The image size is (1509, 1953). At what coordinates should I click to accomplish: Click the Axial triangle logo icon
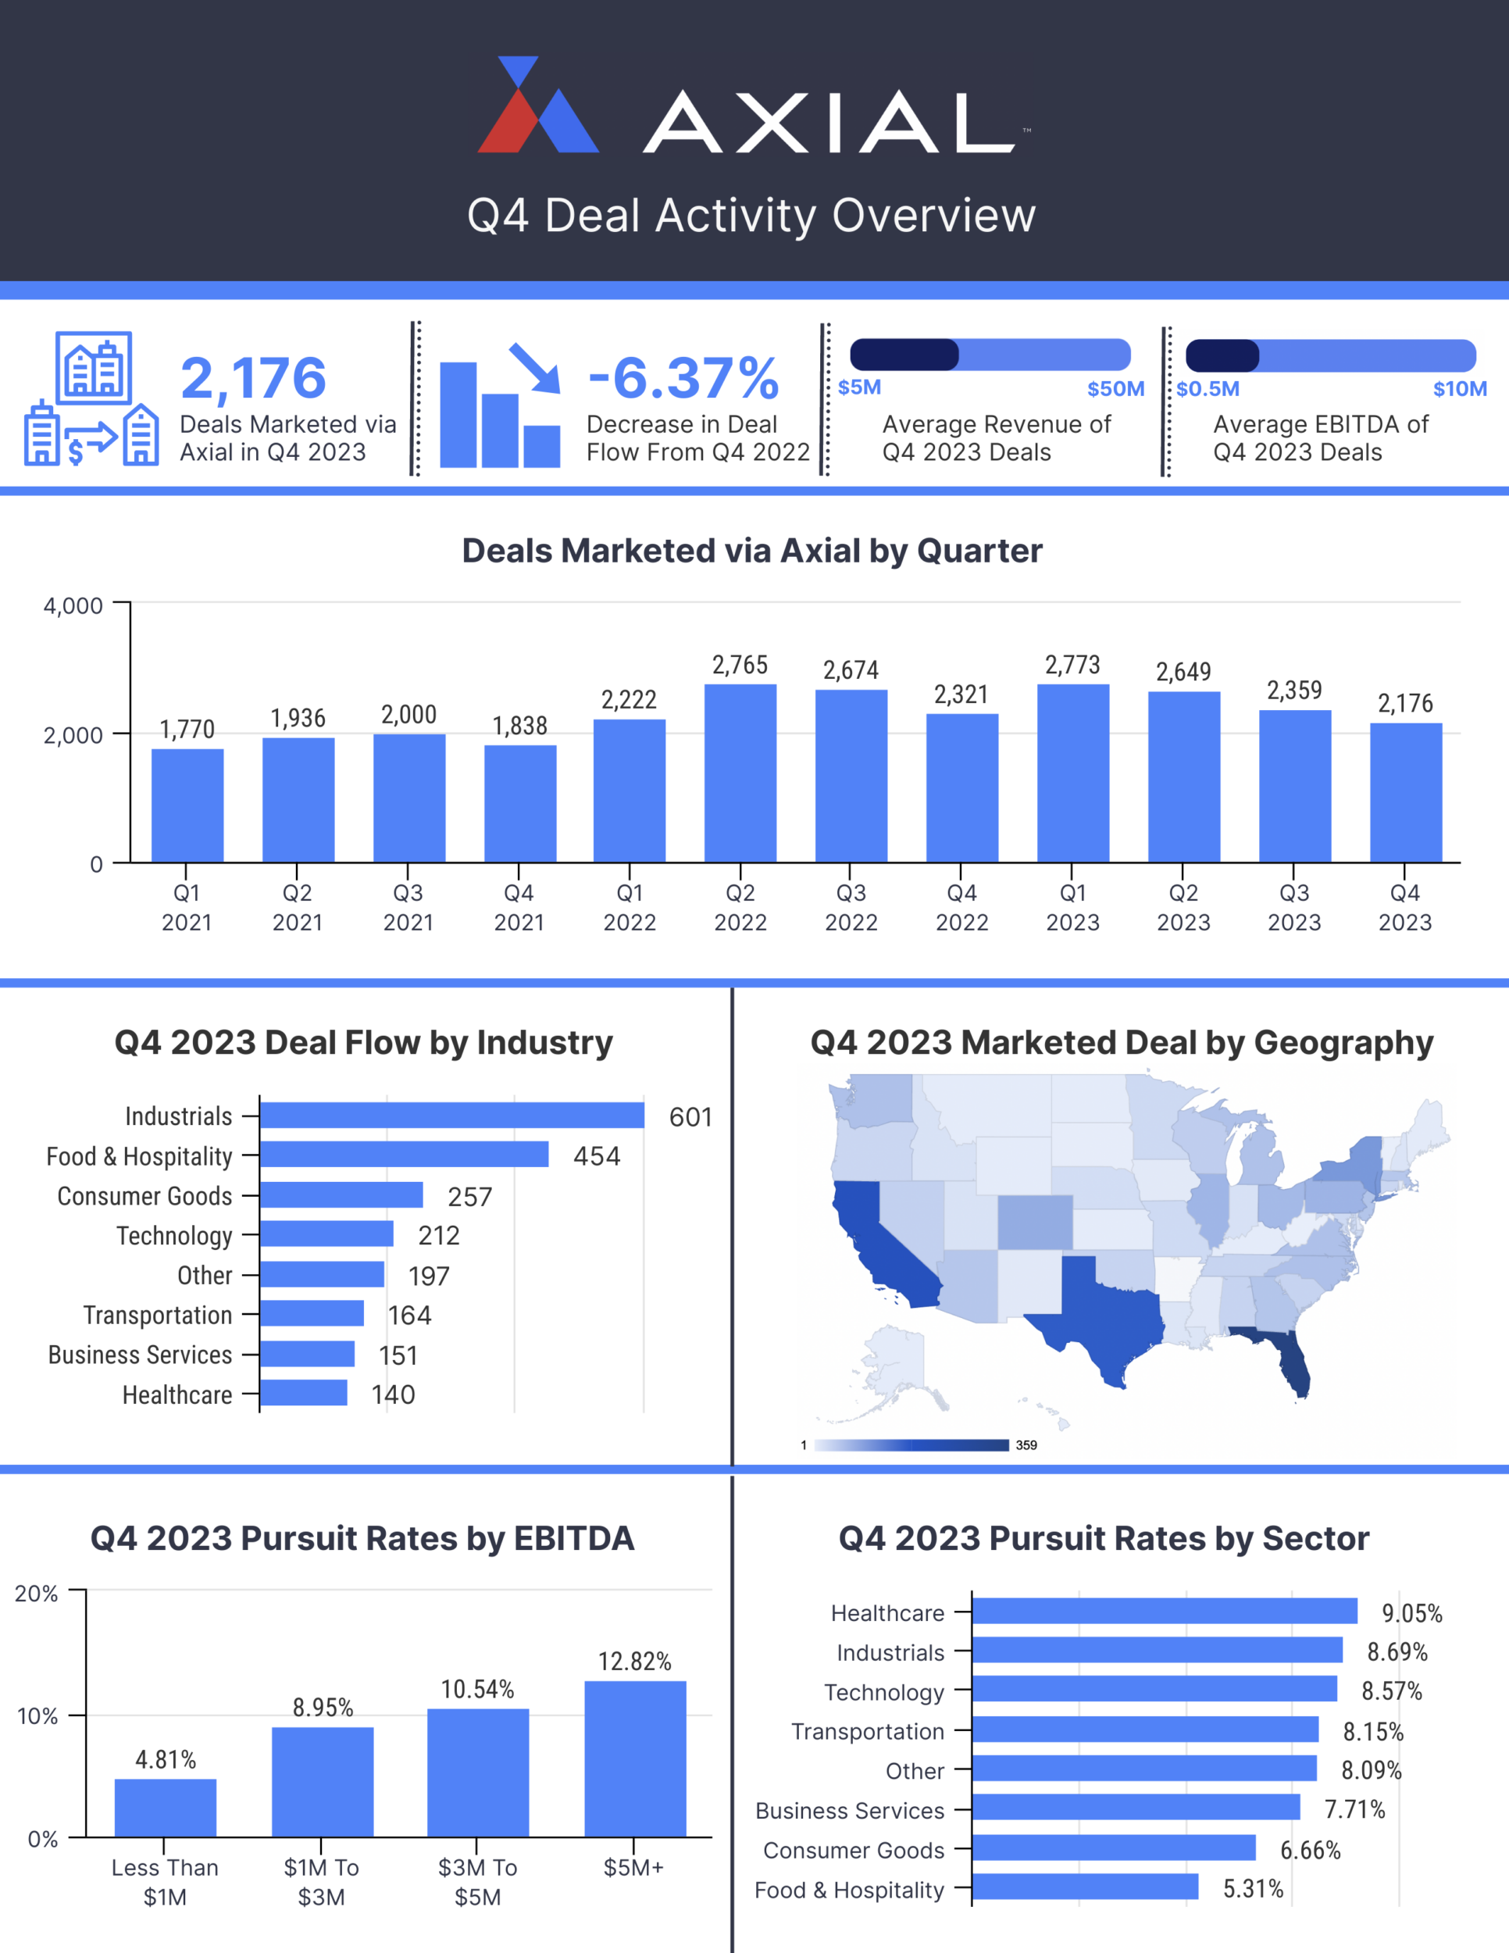click(x=537, y=107)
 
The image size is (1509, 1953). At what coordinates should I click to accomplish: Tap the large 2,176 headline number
click(x=253, y=378)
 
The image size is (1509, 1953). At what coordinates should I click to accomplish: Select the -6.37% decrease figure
click(x=684, y=378)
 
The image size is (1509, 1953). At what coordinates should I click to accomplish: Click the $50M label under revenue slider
click(x=1115, y=389)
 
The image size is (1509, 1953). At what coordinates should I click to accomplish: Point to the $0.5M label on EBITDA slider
click(x=1208, y=389)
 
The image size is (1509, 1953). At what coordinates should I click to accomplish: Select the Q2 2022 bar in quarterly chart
click(x=740, y=773)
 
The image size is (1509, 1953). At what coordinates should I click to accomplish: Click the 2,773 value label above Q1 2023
click(x=1072, y=665)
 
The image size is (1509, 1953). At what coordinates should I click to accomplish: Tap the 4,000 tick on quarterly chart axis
click(x=73, y=606)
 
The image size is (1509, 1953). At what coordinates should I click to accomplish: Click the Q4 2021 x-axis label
click(x=519, y=907)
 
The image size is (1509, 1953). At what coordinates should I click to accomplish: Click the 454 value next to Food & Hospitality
click(x=596, y=1156)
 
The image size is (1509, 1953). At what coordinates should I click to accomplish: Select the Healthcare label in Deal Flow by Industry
click(x=177, y=1395)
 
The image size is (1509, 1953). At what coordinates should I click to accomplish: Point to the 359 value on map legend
click(x=1026, y=1445)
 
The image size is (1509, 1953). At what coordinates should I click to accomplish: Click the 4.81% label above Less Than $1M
click(x=166, y=1760)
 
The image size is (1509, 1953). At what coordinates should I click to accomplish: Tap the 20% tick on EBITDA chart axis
click(x=37, y=1594)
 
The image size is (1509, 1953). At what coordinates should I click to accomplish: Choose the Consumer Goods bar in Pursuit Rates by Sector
click(x=1113, y=1848)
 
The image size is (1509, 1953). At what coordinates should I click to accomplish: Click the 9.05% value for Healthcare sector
click(x=1411, y=1613)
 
